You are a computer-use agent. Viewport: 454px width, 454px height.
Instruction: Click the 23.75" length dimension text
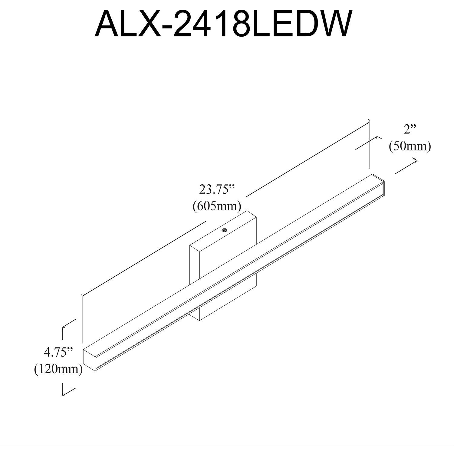[217, 190]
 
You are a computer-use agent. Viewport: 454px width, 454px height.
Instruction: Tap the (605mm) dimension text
[217, 206]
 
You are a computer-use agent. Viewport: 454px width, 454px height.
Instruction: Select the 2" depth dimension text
[410, 130]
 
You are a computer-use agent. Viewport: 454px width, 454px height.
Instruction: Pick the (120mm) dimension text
[58, 369]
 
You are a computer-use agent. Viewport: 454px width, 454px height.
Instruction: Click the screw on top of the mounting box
[224, 230]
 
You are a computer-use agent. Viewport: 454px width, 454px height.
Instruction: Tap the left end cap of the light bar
[90, 359]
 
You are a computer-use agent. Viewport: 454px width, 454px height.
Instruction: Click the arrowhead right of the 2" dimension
[416, 160]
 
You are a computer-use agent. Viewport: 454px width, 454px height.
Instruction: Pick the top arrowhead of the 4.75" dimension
[63, 328]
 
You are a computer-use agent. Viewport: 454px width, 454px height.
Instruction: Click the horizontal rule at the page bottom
[227, 444]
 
